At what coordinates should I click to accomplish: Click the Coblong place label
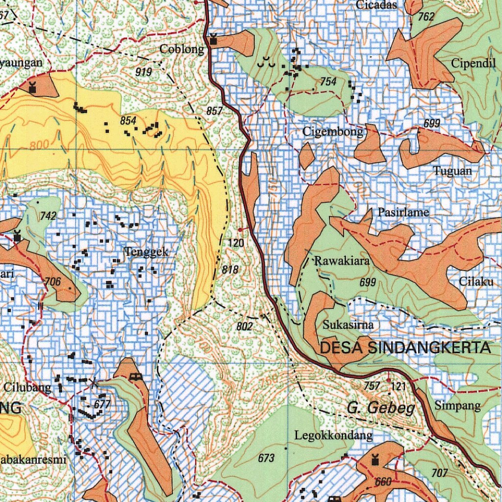click(182, 49)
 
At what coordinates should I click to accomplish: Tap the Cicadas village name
click(376, 5)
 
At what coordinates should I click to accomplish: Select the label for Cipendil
click(474, 63)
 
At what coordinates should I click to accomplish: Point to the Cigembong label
click(333, 131)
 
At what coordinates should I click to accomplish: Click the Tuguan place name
click(452, 171)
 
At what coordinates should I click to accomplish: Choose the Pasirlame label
click(403, 212)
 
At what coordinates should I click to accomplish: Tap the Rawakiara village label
click(342, 261)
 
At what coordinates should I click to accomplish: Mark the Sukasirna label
click(348, 325)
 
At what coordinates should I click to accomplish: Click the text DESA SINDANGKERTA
click(405, 348)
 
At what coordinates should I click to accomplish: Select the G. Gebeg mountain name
click(381, 408)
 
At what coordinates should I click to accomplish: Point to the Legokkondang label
click(333, 435)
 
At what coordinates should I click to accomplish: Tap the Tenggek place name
click(147, 252)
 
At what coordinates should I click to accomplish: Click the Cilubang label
click(27, 387)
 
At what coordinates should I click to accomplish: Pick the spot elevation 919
click(144, 72)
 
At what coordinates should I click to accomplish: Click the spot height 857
click(215, 111)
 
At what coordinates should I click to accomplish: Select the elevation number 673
click(266, 458)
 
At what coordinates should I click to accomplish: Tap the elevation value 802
click(244, 326)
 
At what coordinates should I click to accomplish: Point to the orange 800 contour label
click(39, 146)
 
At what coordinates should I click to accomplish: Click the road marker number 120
click(236, 243)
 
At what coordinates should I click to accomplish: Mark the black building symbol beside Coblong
click(214, 40)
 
